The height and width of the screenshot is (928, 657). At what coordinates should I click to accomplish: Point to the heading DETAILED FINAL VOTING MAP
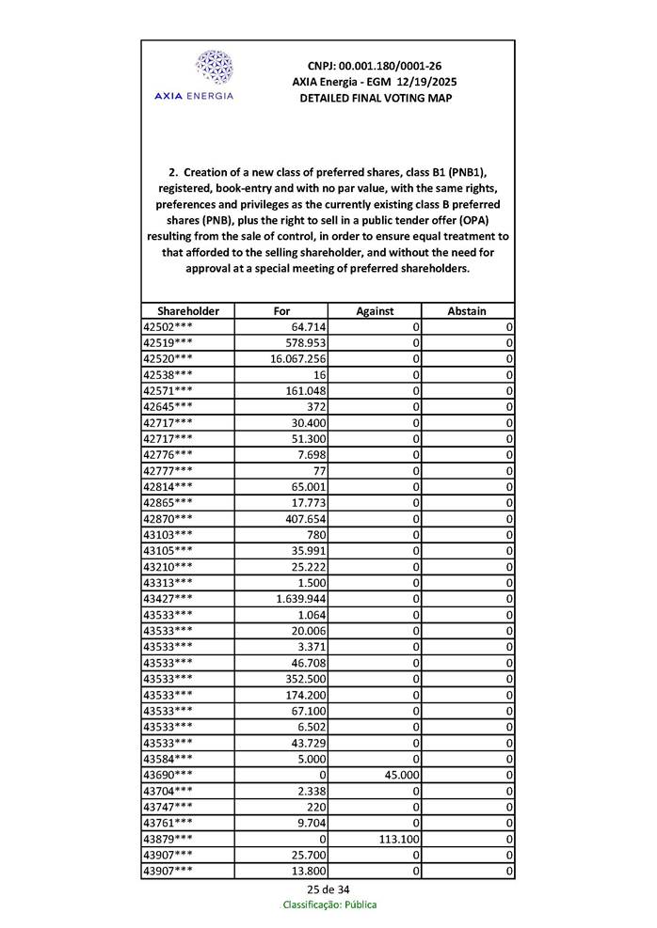click(375, 98)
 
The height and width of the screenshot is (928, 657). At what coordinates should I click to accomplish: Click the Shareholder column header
click(188, 310)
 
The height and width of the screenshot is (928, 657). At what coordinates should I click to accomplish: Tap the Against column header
click(374, 310)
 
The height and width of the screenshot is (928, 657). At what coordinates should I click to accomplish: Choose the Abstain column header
click(467, 310)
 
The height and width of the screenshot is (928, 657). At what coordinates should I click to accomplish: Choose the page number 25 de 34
click(328, 889)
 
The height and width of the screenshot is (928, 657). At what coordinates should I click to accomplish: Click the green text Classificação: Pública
click(329, 904)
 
